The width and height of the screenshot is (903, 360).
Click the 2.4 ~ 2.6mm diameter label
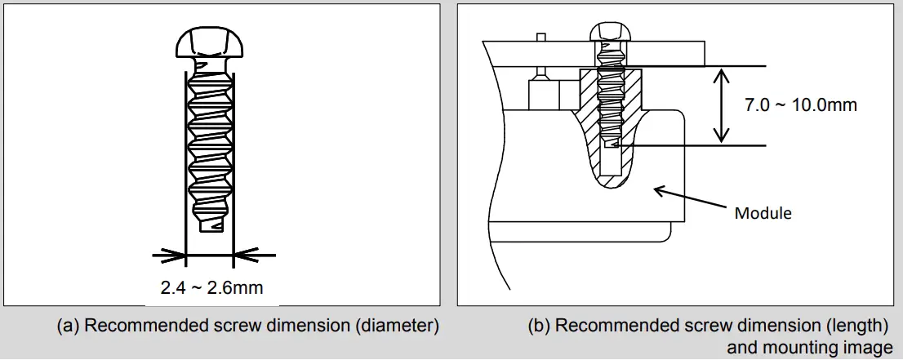pos(211,287)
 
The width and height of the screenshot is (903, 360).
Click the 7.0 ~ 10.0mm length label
pos(801,105)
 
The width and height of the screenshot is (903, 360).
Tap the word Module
pos(763,213)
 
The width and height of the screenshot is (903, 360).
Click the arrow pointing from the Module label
pos(687,198)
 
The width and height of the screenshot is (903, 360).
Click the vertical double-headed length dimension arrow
pos(720,106)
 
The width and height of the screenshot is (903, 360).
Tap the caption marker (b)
pos(540,327)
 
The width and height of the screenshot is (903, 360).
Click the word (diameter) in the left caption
pos(398,327)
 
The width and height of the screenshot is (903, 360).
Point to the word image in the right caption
pos(871,348)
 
